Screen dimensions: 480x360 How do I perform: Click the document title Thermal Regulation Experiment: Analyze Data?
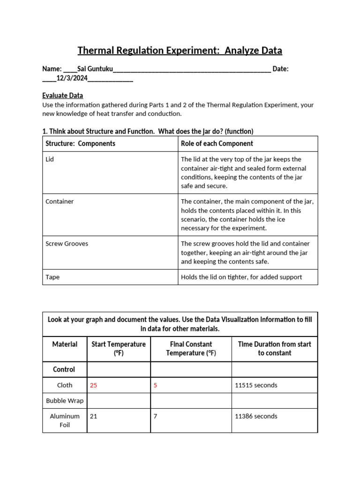(180, 50)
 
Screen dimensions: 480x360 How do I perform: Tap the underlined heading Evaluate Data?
(62, 95)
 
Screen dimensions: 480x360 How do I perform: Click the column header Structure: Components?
(80, 143)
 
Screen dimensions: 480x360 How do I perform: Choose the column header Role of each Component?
(217, 143)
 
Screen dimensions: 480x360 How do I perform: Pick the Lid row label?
(50, 159)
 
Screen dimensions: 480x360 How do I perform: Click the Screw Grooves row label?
(67, 244)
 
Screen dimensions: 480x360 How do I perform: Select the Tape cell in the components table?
(52, 277)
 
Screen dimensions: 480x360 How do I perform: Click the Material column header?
(65, 344)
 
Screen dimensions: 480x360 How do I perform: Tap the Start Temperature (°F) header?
(118, 348)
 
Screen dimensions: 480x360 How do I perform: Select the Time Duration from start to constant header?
(274, 348)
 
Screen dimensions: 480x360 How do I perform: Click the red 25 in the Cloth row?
(93, 385)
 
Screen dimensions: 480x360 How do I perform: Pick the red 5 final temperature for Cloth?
(155, 385)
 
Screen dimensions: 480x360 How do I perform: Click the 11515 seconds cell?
(256, 385)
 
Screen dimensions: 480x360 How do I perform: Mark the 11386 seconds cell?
(256, 416)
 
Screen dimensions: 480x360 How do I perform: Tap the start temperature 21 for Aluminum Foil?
(93, 416)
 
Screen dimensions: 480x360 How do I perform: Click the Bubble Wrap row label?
(65, 401)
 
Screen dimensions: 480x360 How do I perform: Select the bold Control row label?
(64, 369)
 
